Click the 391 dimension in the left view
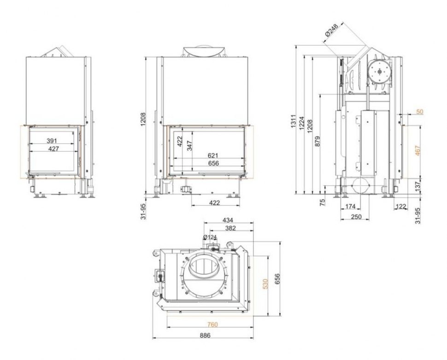tap(52, 141)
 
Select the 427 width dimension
tap(53, 148)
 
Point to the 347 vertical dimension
tap(190, 146)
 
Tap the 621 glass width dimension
tap(213, 155)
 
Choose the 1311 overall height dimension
tap(294, 121)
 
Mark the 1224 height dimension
tap(302, 123)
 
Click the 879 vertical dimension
tap(318, 142)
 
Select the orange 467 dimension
tap(418, 151)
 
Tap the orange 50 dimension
tap(420, 112)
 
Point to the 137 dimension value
tap(418, 186)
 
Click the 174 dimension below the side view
tap(350, 206)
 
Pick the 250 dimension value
tap(356, 217)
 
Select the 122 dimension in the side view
tap(401, 206)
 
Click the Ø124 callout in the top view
tap(210, 237)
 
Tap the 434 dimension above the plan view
tap(228, 220)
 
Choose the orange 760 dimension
tap(212, 325)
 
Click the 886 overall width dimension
tap(205, 335)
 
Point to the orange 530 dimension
tap(265, 284)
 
